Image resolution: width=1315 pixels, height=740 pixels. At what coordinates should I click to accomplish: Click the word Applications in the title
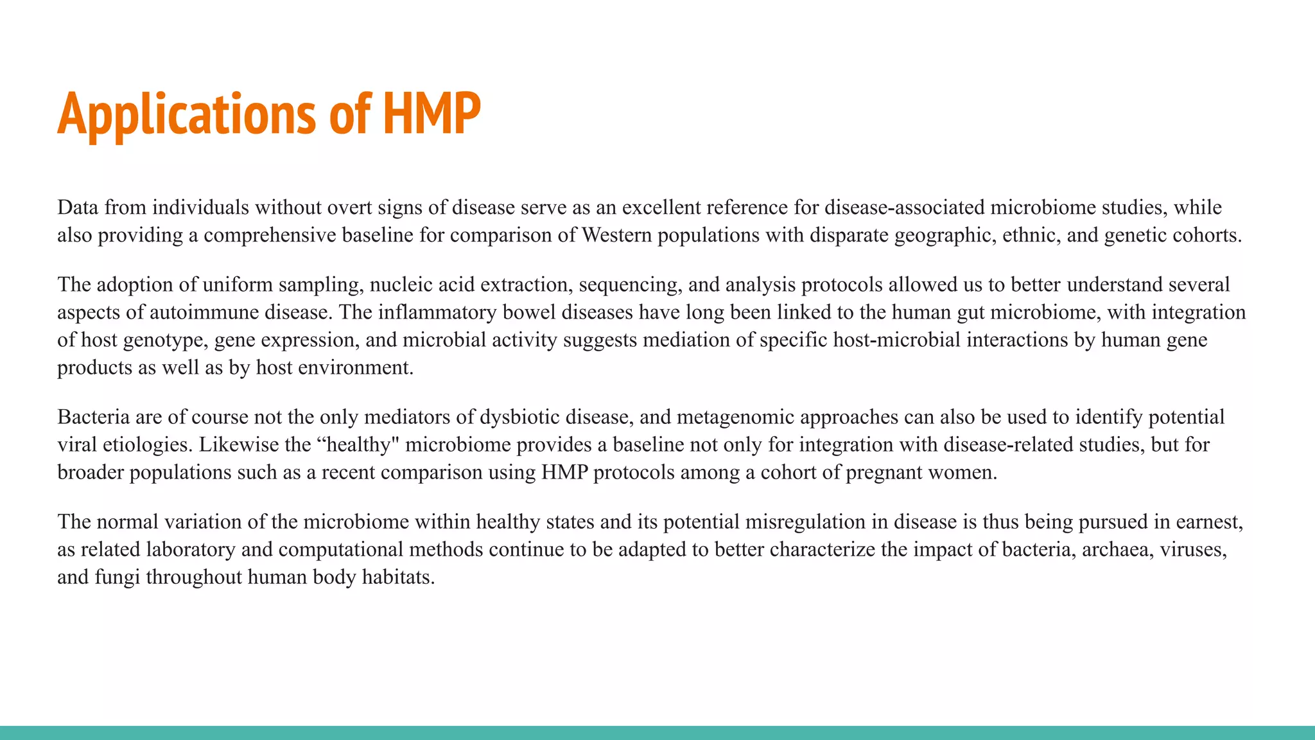[186, 114]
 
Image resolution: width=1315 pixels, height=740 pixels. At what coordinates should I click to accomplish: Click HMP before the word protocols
[564, 472]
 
